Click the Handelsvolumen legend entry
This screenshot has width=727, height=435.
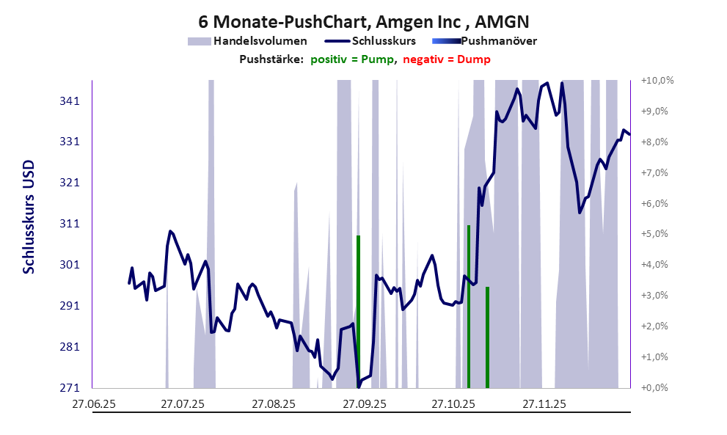247,41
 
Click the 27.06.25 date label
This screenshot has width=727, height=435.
94,403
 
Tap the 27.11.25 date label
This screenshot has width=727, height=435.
544,403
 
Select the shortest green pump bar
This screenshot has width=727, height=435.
487,337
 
